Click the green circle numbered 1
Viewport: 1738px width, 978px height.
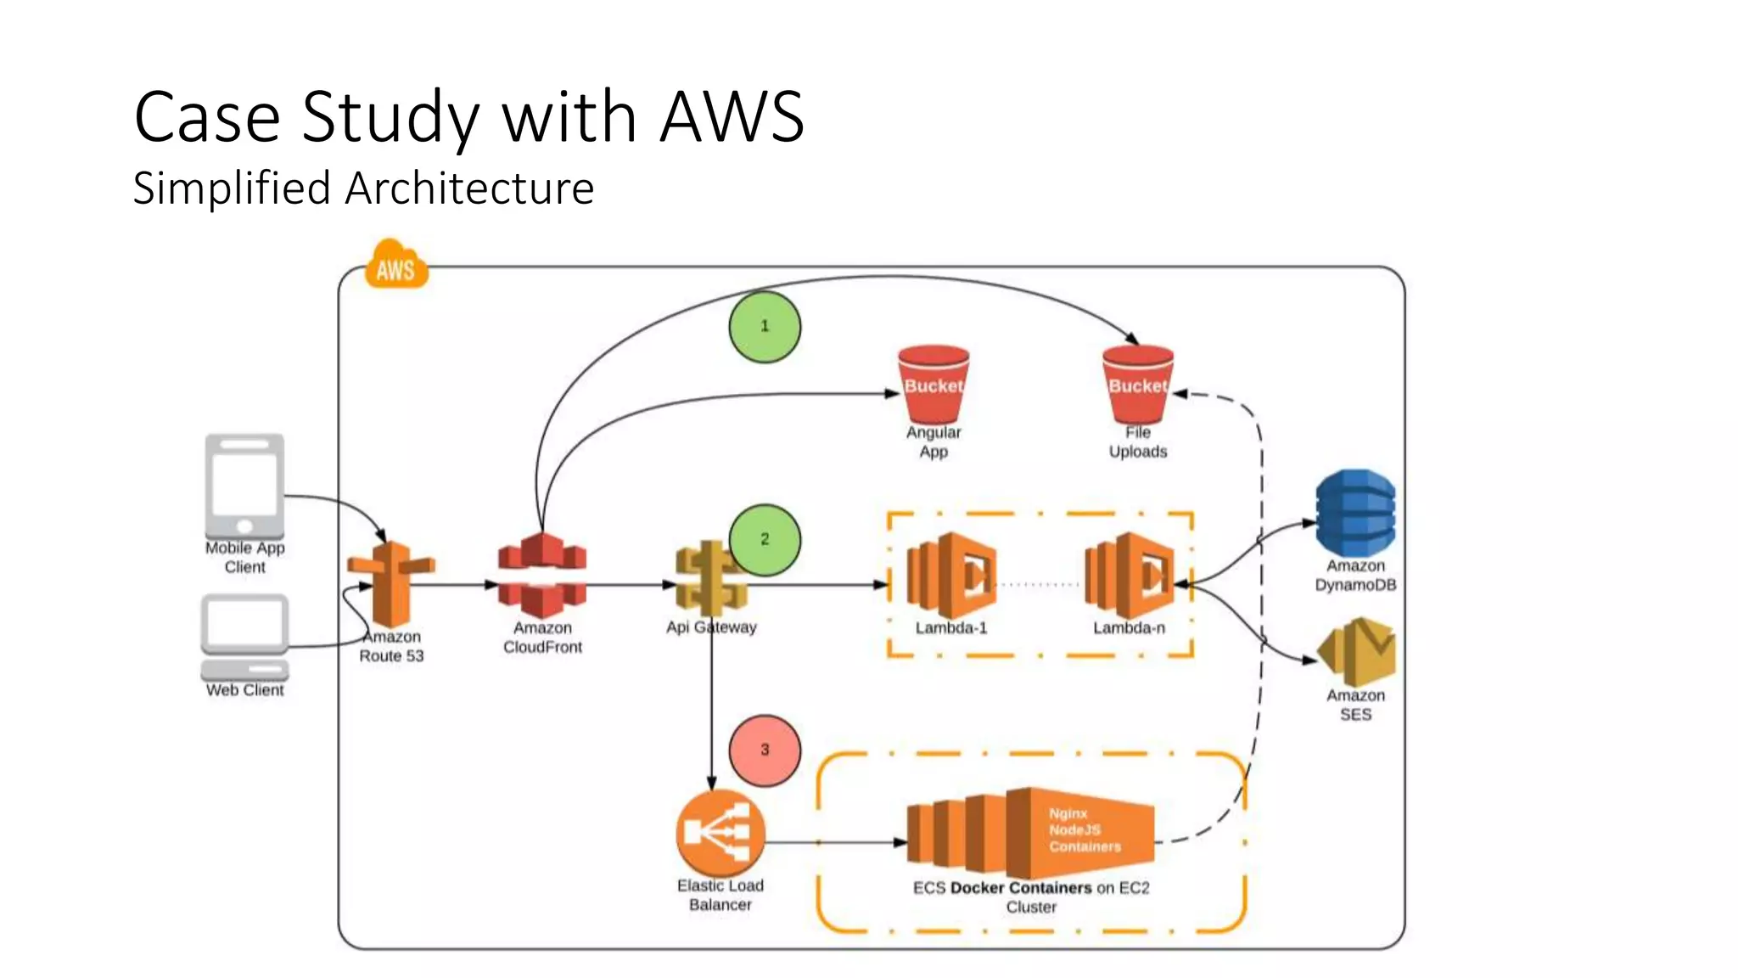[765, 327]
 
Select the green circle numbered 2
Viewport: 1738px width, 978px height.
[765, 540]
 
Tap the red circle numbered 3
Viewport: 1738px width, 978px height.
[765, 750]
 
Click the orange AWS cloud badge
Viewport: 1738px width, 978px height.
[396, 267]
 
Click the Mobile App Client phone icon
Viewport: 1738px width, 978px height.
[244, 485]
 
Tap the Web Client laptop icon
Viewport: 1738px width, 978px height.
[244, 637]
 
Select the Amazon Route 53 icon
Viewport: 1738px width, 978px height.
[391, 584]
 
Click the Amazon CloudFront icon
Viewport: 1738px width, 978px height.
[542, 576]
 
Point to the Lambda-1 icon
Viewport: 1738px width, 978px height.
[950, 576]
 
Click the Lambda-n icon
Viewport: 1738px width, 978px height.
[1129, 576]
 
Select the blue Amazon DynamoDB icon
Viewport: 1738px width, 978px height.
[1355, 513]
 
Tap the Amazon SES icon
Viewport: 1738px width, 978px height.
[1357, 651]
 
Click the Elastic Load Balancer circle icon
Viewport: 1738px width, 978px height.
[720, 833]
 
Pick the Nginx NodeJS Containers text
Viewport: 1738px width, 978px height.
[1084, 830]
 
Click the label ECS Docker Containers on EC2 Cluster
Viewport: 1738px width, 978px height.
[1031, 897]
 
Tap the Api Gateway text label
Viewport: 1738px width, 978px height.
[711, 627]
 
